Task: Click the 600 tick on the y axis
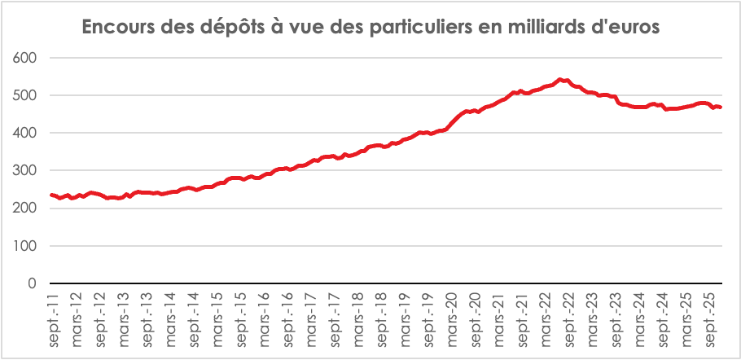27,58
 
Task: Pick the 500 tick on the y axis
27,95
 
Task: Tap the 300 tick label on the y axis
27,170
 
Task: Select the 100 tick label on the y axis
27,245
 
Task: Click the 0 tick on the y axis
33,283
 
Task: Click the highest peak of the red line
559,79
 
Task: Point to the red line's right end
721,108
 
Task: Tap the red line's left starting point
51,195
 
